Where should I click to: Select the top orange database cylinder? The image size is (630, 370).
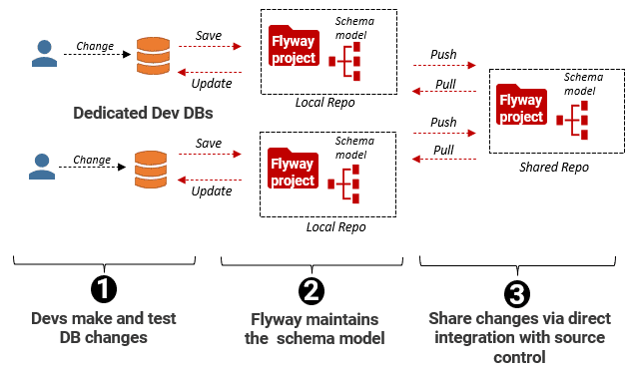coord(152,57)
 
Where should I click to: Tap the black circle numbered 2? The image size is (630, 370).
coord(312,290)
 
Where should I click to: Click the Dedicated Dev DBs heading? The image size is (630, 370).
coord(144,113)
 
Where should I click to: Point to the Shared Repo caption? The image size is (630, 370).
coord(553,167)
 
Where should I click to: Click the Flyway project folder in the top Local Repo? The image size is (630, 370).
coord(293,51)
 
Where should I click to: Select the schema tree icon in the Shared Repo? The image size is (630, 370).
coord(576,122)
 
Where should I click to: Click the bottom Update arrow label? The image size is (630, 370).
coord(211,189)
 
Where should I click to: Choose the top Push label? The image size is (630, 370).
coord(444,53)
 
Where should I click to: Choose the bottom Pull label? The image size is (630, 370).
coord(444,150)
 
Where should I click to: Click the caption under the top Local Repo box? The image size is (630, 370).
coord(325,103)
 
